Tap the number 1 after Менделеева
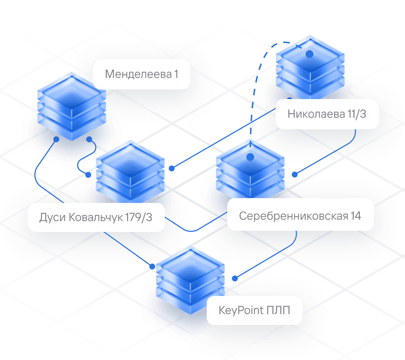(x=176, y=74)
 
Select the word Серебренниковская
(x=288, y=216)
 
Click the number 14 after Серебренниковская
(x=355, y=216)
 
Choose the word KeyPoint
(x=241, y=310)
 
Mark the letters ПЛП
(x=278, y=310)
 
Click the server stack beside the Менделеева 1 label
(x=71, y=106)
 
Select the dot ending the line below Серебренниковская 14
(x=235, y=278)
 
